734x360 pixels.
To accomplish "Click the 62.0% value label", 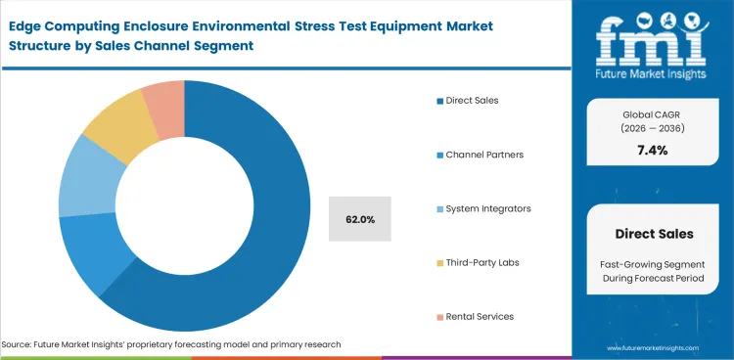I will point(359,219).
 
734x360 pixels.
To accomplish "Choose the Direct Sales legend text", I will point(474,100).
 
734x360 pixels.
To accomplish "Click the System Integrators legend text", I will point(488,208).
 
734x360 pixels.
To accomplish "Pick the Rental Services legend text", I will point(482,316).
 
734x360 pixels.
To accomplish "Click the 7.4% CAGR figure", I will point(653,150).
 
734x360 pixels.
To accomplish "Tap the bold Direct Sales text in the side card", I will point(653,234).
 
